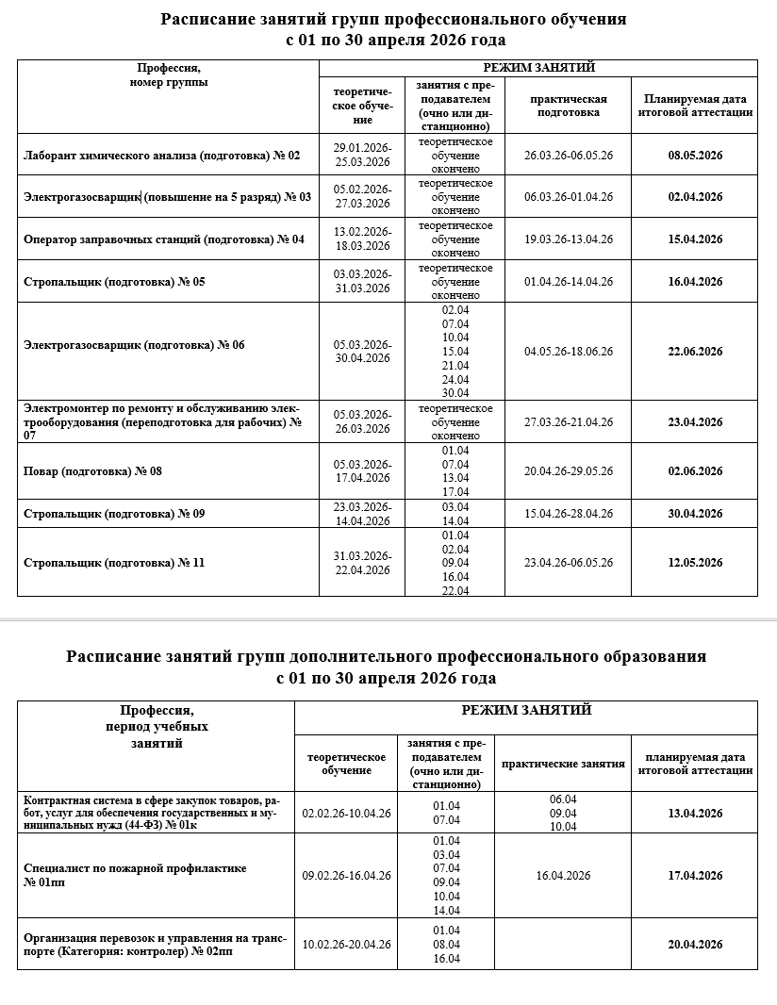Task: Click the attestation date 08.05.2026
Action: tap(696, 156)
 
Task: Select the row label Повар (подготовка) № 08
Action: tap(92, 471)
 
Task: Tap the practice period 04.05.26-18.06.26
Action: tap(568, 352)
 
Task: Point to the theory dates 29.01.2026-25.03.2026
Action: tap(362, 156)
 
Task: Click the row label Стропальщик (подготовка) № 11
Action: tap(113, 563)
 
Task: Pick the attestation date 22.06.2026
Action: tap(696, 352)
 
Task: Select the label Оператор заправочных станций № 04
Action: tap(163, 239)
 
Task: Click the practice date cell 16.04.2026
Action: tap(563, 876)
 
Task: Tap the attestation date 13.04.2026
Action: tap(696, 814)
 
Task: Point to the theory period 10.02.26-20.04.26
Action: tap(346, 945)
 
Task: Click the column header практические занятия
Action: tap(563, 764)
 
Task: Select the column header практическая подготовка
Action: tap(568, 106)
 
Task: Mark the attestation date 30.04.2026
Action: tap(696, 514)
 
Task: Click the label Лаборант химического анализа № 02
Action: tap(161, 156)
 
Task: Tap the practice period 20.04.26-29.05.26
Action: tap(568, 471)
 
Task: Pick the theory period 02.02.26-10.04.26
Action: tap(346, 814)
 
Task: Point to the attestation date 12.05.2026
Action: tap(696, 563)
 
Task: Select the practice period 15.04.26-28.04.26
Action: tap(568, 514)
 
